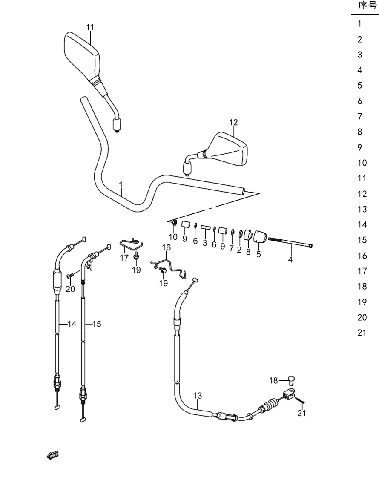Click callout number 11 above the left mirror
pos(90,27)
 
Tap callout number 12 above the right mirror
pos(233,122)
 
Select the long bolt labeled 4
pos(290,242)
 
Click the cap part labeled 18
pos(291,380)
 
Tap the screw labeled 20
pos(70,276)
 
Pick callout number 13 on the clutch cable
pos(198,396)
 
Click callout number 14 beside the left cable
pos(72,324)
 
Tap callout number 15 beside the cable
pos(96,324)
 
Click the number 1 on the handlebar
pos(121,185)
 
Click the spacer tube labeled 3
pos(205,227)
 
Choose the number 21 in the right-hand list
pos(362,333)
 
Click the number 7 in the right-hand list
pos(360,117)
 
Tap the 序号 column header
pos(368,6)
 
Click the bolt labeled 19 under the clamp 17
pos(136,257)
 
